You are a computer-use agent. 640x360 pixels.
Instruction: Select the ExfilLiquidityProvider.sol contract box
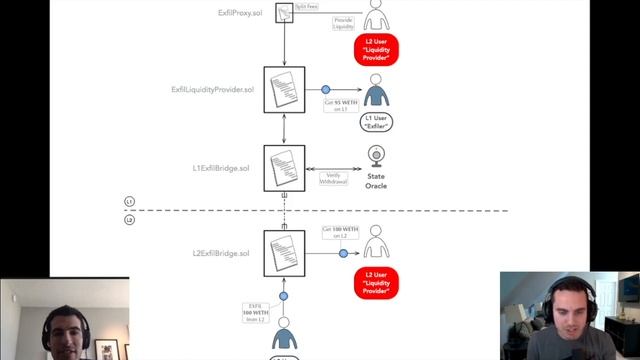(285, 90)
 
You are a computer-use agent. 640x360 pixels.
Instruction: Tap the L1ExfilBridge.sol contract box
(285, 168)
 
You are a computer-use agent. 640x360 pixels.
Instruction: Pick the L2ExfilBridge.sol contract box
(285, 253)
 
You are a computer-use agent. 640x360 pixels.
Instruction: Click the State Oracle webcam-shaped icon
(376, 157)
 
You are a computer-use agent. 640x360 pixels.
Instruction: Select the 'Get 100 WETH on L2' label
(338, 232)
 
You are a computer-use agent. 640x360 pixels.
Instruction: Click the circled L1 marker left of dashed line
(129, 201)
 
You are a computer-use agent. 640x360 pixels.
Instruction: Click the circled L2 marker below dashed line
(129, 219)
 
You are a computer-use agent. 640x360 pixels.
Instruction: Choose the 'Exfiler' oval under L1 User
(376, 123)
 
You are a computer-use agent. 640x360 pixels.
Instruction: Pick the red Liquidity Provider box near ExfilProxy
(376, 49)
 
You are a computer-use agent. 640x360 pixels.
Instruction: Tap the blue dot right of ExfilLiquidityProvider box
(325, 90)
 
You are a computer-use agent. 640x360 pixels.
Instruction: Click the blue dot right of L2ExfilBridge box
(343, 254)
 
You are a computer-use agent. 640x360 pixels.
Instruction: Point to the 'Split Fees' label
(307, 7)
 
